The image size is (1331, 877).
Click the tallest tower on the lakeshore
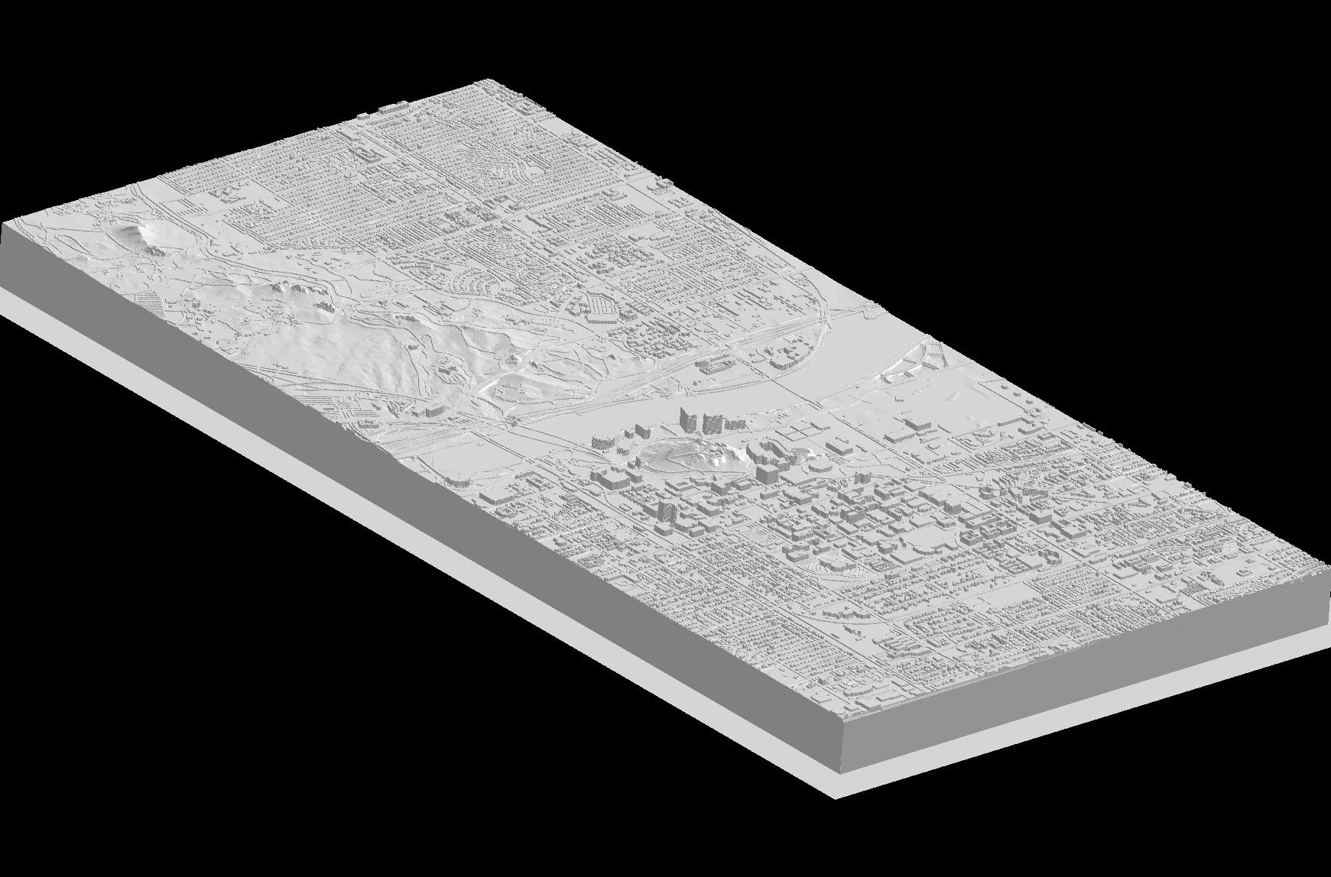click(687, 419)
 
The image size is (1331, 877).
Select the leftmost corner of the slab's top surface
click(3, 223)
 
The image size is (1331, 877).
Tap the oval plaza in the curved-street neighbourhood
click(528, 173)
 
